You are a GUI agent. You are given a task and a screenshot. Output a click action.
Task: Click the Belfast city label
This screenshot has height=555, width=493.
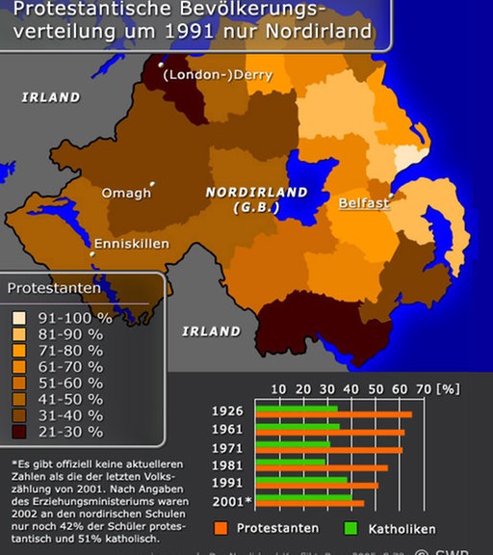(363, 203)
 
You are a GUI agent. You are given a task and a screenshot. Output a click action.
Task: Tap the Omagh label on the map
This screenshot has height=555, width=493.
(126, 193)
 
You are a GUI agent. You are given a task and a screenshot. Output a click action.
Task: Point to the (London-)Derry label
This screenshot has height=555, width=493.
(217, 75)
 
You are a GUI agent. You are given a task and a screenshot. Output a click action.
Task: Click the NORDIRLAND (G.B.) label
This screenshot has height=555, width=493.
(255, 199)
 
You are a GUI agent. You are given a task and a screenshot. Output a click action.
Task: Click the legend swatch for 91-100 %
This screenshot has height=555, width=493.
(18, 318)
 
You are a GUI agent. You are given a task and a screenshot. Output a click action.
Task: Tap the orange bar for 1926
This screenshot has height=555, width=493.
(333, 415)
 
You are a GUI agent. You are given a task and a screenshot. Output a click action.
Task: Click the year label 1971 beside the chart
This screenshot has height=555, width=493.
(227, 448)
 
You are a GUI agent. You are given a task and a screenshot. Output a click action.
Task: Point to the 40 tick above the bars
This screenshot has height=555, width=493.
(350, 388)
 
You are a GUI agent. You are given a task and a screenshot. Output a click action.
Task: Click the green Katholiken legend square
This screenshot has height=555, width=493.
(350, 529)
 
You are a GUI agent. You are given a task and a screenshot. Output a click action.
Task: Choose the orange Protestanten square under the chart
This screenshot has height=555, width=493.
(221, 529)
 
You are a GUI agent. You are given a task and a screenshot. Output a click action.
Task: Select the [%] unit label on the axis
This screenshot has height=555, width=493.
(450, 388)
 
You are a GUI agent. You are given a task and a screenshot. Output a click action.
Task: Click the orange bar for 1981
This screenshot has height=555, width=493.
(323, 467)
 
